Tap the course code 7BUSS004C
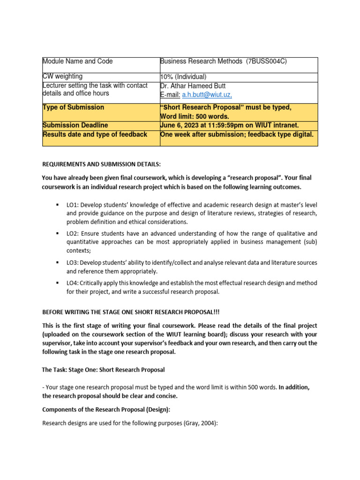tap(266, 61)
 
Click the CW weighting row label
tap(63, 76)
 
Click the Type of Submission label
tap(74, 107)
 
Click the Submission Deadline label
tap(75, 125)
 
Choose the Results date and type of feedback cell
tap(95, 135)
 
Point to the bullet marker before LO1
tap(57, 205)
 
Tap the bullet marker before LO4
tap(57, 283)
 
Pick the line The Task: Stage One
tap(103, 369)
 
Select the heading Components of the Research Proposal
tap(106, 409)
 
